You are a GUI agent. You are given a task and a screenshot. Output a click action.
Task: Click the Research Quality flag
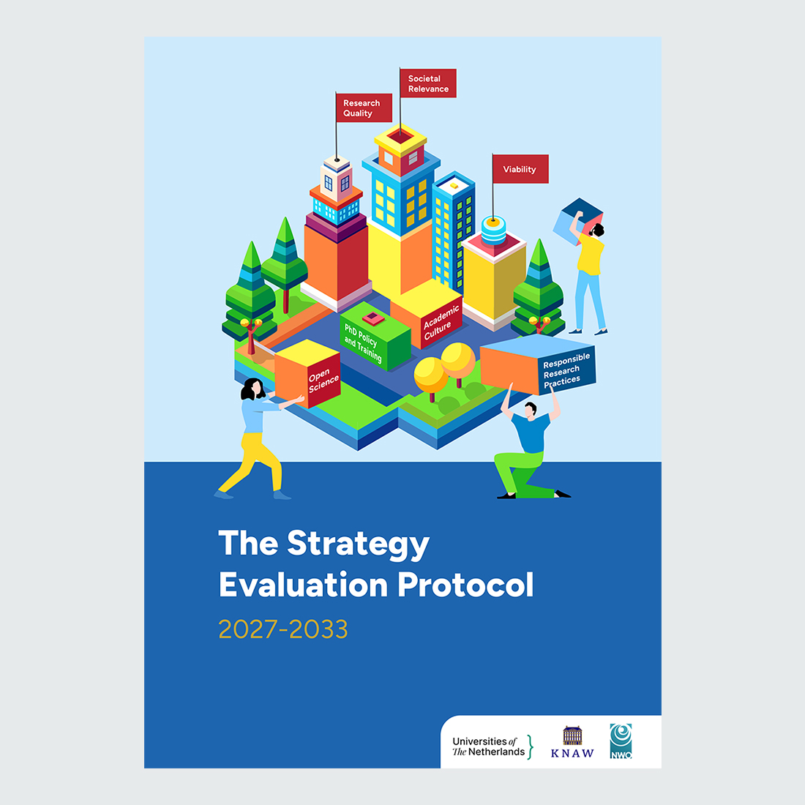[x=364, y=108]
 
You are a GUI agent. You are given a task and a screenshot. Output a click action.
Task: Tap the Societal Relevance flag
[x=427, y=83]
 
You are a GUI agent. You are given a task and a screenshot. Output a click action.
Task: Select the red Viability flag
[x=520, y=169]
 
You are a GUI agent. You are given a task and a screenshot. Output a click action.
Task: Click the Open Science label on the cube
[x=323, y=381]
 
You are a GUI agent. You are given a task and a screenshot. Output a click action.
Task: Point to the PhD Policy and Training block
[x=375, y=337]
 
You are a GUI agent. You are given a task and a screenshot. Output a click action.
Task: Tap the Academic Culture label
[x=441, y=323]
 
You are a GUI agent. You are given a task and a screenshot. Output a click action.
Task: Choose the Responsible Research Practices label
[x=566, y=370]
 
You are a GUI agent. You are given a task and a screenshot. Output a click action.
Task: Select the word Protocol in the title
[x=465, y=584]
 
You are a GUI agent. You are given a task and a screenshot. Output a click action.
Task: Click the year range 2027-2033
[x=283, y=629]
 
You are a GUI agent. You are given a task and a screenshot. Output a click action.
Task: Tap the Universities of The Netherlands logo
[x=493, y=746]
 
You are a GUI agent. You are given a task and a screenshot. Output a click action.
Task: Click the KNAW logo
[x=572, y=742]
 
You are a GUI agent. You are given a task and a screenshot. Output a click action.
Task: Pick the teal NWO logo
[x=621, y=741]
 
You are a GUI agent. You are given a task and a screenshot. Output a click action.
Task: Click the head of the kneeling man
[x=530, y=410]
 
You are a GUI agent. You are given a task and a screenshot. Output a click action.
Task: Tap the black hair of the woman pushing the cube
[x=252, y=389]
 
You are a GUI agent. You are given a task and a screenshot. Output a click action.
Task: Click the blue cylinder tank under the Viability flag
[x=493, y=230]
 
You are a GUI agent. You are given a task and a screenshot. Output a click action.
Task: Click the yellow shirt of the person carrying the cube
[x=590, y=254]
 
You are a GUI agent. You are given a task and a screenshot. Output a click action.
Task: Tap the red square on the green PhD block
[x=373, y=318]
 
